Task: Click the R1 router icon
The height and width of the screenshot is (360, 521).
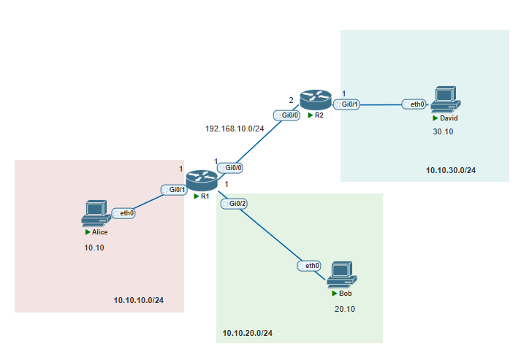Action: coord(202,180)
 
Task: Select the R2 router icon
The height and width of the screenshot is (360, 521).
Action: coord(316,99)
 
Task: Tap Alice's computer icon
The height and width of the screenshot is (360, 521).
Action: coord(96,213)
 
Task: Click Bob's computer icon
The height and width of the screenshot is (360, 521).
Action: coord(342,275)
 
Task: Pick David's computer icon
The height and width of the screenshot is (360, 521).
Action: coord(446,99)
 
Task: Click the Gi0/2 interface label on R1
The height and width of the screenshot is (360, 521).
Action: coord(235,204)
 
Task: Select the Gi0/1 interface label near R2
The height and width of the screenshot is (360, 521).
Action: coord(346,104)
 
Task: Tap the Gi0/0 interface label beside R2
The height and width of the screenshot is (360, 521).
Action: coord(286,115)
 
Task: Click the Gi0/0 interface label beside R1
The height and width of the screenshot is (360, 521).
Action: coord(230,168)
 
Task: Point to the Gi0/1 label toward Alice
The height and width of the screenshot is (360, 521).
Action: coord(174,190)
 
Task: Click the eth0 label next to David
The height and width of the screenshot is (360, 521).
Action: coord(414,104)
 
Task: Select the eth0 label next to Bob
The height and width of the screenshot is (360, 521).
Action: coord(309,266)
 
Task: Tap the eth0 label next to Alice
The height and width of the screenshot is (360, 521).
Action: coord(123,213)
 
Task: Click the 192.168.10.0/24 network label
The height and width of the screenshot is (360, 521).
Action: coord(235,129)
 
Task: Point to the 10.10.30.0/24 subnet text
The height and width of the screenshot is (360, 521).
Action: coord(451,170)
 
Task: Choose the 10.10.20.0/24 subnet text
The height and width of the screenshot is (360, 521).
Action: coord(247,333)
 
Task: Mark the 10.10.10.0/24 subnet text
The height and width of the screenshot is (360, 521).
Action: coord(139,300)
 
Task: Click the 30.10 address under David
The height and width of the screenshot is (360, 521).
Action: coord(443,132)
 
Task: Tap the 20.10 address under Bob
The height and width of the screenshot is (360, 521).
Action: coord(345,309)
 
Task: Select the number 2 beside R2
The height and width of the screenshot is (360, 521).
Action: coord(291,100)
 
